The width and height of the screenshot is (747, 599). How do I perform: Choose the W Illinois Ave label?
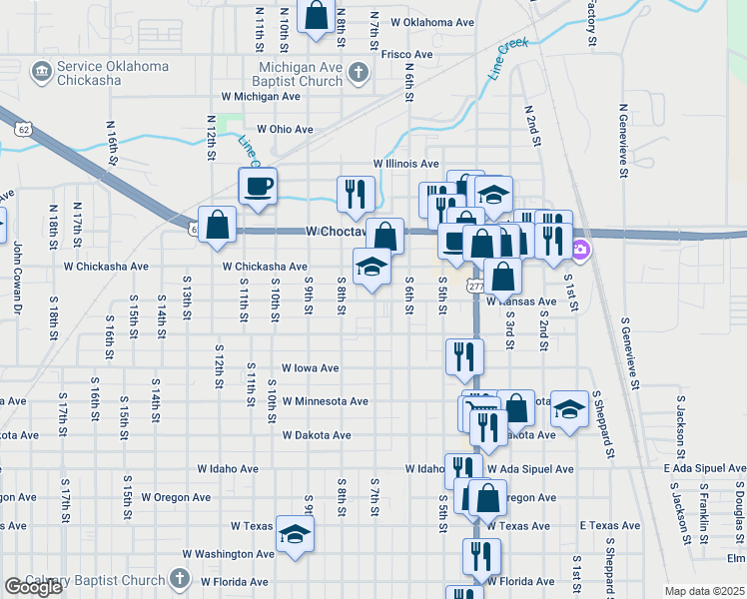click(405, 163)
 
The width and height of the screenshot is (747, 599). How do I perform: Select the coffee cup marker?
click(258, 186)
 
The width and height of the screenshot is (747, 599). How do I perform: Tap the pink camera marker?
click(582, 250)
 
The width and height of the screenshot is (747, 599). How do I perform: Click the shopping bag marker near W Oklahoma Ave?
click(317, 17)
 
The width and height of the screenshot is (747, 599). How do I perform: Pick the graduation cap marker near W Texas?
click(295, 536)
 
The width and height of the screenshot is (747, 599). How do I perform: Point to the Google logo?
click(33, 587)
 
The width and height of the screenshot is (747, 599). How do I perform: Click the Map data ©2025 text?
click(705, 591)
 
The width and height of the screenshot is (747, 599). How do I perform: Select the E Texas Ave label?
click(609, 525)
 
